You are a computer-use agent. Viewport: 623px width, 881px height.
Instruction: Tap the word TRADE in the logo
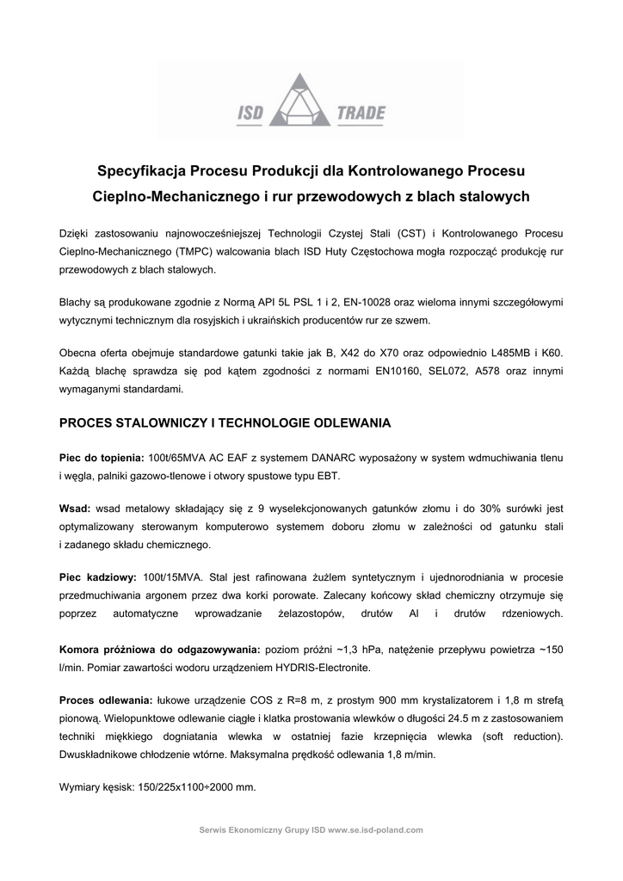tap(362, 113)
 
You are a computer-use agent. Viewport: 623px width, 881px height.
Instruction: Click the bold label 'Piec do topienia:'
tap(102, 458)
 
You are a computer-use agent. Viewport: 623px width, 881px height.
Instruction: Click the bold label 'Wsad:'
tap(75, 509)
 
